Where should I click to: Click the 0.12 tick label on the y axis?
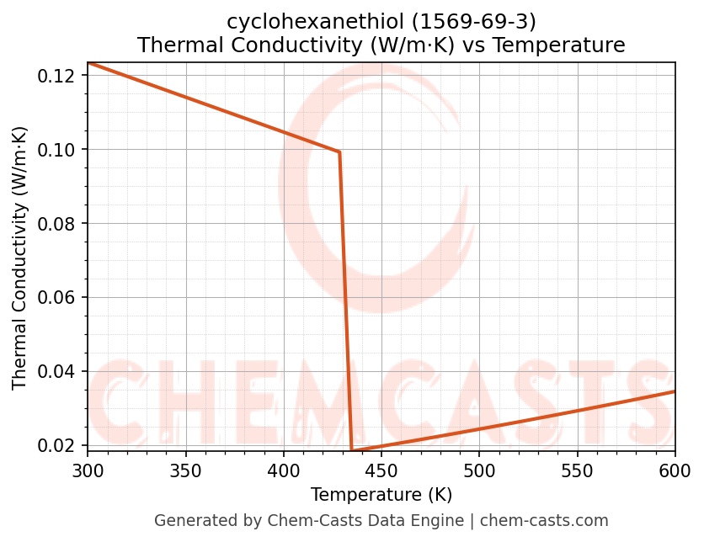pos(60,76)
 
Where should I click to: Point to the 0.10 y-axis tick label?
pos(60,150)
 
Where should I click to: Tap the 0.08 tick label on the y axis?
pos(60,224)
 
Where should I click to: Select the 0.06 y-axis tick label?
pos(60,298)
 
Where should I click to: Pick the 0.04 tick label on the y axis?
pos(60,372)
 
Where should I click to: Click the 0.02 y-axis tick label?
pos(60,445)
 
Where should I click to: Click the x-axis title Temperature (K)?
pos(381,495)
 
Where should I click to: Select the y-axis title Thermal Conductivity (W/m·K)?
pos(20,258)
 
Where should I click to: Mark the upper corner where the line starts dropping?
pos(339,152)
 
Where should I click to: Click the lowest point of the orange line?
pos(352,451)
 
